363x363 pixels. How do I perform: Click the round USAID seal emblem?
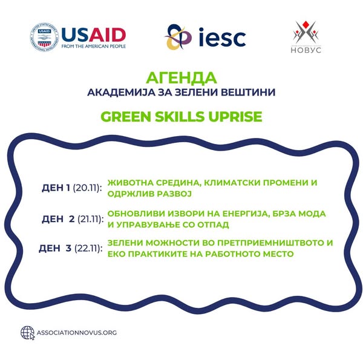tap(44, 37)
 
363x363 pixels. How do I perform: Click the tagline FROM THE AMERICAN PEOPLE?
tap(94, 47)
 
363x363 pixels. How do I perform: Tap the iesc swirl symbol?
tap(178, 37)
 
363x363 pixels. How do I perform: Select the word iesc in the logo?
tap(222, 37)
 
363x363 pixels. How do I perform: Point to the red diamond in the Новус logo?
tap(306, 24)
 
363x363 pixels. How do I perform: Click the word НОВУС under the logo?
tap(306, 50)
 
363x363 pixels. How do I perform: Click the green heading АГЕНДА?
tap(181, 78)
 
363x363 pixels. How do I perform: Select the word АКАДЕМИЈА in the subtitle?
tap(121, 93)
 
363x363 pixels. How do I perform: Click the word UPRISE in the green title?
tap(235, 116)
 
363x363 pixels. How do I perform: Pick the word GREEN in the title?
tap(126, 116)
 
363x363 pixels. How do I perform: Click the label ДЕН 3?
tap(55, 249)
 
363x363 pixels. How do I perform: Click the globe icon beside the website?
tap(28, 333)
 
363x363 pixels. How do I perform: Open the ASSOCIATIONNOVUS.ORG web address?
tap(77, 333)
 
